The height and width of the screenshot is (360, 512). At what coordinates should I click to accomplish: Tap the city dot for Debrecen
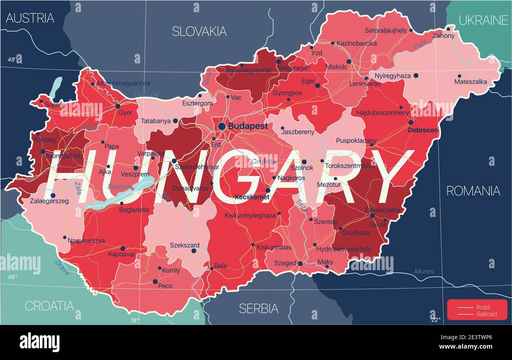411,122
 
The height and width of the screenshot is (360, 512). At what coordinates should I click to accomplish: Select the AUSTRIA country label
30,18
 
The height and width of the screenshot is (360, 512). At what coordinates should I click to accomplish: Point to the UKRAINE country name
483,20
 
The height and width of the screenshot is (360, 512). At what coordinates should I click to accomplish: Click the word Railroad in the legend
486,314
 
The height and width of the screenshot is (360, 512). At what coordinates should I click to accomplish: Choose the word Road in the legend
483,307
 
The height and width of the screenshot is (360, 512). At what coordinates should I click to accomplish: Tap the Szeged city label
285,263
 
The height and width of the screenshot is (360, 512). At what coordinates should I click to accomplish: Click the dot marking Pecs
155,281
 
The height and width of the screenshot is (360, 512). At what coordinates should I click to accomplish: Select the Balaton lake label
119,187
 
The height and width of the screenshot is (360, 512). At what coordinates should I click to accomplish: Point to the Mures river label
424,271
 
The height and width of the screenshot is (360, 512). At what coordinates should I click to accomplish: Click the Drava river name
62,267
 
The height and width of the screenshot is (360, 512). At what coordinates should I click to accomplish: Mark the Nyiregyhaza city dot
416,75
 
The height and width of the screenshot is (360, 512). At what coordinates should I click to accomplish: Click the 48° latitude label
12,60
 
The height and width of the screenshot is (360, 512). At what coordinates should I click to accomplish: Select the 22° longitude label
436,320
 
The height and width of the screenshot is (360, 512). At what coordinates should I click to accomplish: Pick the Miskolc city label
336,67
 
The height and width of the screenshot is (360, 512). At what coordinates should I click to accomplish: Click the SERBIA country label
258,308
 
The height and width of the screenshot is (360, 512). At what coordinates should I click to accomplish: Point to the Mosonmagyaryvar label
124,84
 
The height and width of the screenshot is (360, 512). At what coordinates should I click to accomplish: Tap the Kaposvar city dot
122,249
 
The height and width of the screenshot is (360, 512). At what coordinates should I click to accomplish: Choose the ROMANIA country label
473,191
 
